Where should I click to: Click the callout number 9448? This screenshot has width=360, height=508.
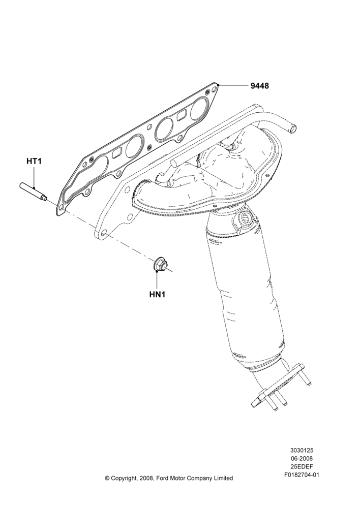259,86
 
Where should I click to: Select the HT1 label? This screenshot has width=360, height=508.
34,161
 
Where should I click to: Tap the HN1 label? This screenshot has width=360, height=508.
158,295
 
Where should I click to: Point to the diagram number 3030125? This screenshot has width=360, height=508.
302,451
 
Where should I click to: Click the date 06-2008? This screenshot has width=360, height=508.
302,459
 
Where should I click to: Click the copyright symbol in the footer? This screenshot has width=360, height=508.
107,478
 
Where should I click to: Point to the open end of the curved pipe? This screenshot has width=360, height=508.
294,129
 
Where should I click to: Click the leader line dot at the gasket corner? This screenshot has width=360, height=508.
219,85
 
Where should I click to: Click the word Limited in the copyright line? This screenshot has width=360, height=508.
223,478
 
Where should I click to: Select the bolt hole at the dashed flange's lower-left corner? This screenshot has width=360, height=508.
103,233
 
